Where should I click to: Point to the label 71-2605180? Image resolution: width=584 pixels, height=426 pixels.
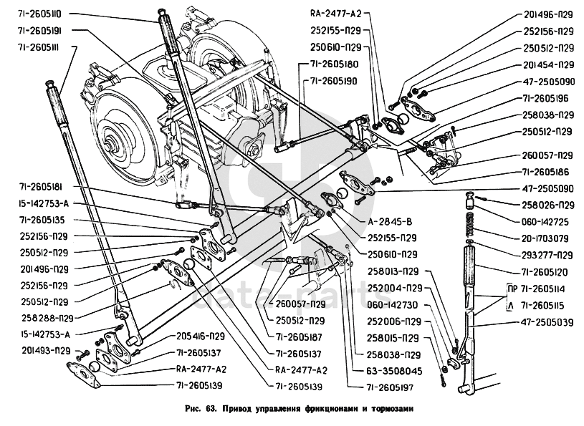334,64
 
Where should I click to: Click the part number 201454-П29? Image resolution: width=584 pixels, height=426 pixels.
547,65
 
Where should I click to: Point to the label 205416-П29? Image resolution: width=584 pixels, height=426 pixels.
200,335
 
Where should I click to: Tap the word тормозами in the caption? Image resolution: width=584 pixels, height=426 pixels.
387,410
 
